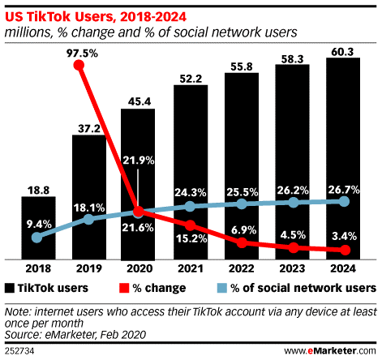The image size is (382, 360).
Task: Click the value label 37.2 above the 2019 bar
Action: [x=88, y=126]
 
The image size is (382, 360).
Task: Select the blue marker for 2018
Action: [x=36, y=238]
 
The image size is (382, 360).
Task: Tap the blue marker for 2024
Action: [x=344, y=200]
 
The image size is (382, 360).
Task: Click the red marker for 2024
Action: [x=344, y=250]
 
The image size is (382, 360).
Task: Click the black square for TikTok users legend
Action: [x=10, y=288]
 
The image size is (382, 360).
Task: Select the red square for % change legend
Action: [x=124, y=288]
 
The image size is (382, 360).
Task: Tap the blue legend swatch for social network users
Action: [x=226, y=288]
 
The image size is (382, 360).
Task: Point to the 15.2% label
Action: [x=190, y=238]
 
